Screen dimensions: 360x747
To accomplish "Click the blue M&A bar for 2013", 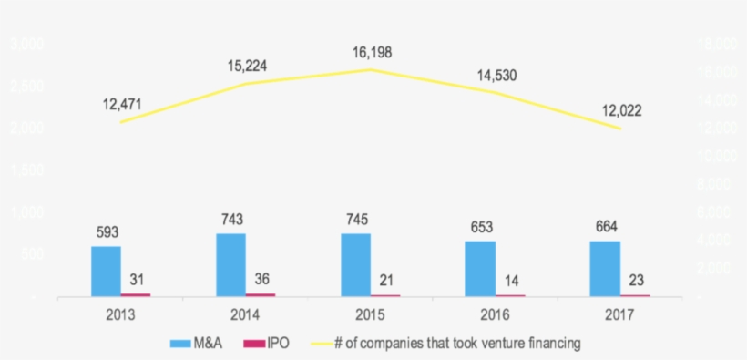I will (x=106, y=271).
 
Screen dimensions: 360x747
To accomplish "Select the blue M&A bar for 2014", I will (x=230, y=264).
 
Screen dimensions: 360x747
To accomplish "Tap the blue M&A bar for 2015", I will (x=355, y=264).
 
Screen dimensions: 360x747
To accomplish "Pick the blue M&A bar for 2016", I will (x=480, y=268).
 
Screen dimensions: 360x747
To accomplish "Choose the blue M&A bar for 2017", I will (x=605, y=268).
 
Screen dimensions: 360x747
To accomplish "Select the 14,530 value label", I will (x=497, y=76).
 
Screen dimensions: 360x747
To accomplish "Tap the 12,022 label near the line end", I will (x=622, y=110).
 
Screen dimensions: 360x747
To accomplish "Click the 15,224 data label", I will (x=248, y=66).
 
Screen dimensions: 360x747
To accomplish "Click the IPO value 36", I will (x=262, y=278).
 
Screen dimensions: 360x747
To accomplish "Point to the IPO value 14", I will (x=510, y=280).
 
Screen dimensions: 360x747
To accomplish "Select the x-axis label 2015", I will (x=371, y=315).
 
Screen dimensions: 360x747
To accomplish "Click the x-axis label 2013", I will (x=121, y=315).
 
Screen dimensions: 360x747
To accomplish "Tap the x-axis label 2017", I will (x=620, y=315).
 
